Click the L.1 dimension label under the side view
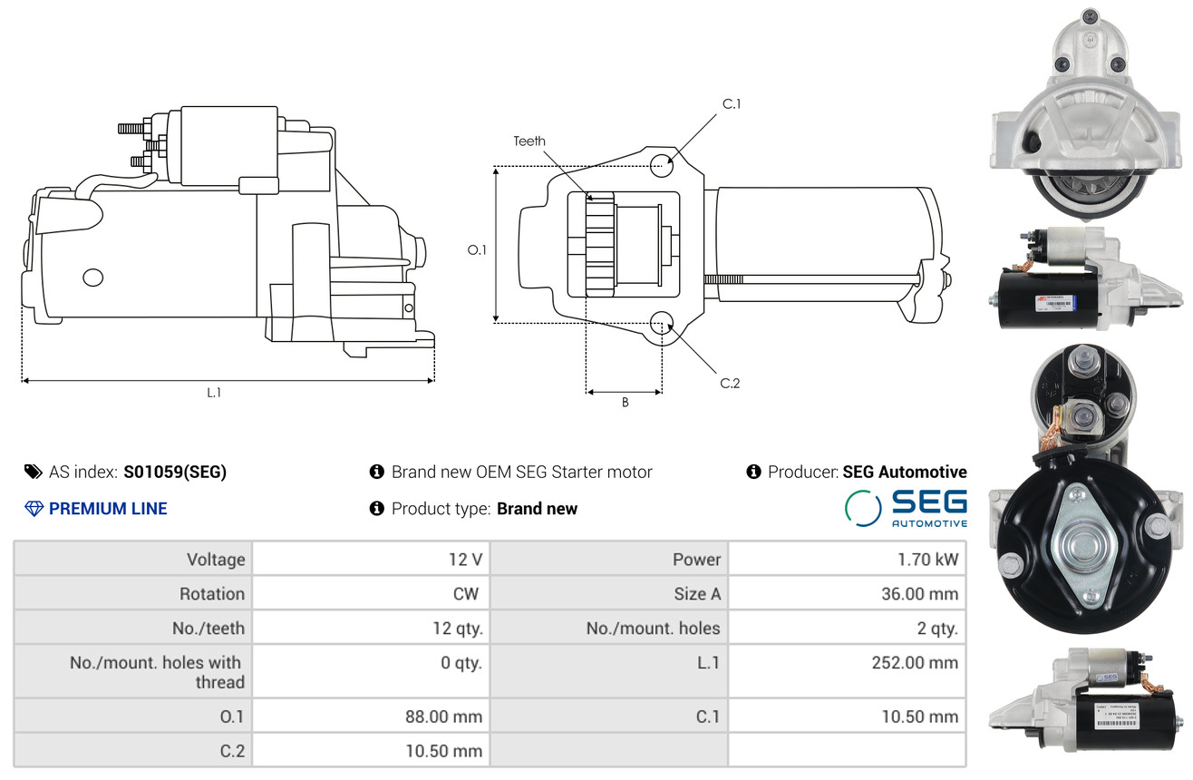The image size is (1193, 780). tap(214, 393)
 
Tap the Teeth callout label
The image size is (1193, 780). tap(529, 141)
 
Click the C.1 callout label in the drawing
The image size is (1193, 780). tap(732, 104)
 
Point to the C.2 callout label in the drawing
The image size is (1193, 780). tap(730, 383)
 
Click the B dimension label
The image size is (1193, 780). tap(625, 403)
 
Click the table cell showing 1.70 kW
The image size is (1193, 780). tap(927, 560)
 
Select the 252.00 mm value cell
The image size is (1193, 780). tap(915, 663)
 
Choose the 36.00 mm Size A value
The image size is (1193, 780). tap(921, 594)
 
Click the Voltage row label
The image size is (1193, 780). tap(216, 560)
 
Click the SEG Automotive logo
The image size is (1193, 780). tap(906, 508)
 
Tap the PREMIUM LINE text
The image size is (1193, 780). tap(108, 509)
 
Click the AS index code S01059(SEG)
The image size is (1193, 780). tap(175, 472)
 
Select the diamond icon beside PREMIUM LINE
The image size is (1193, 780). tap(34, 509)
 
